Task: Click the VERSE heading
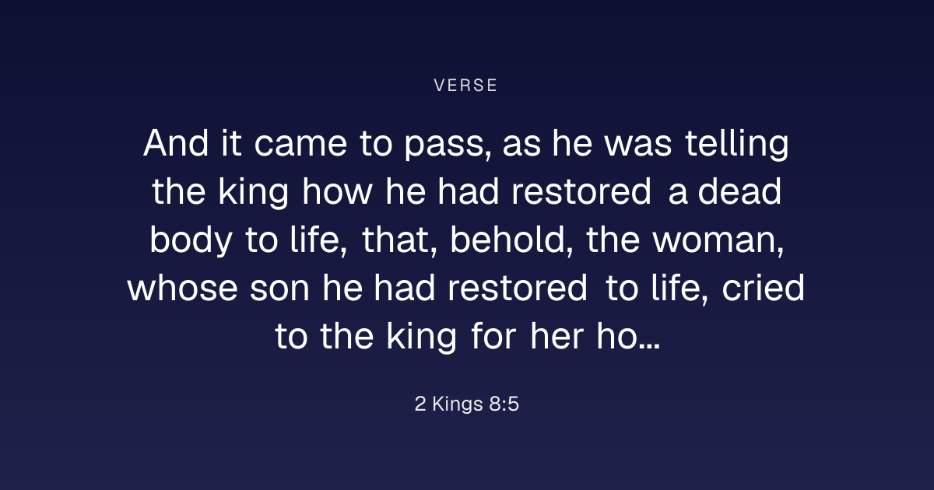coord(465,86)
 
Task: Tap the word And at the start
coord(176,143)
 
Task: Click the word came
coord(300,146)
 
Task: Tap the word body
coord(191,240)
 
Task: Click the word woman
coord(718,242)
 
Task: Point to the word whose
coord(183,289)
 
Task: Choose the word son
coord(279,290)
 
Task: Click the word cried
coord(763,289)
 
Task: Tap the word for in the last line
coord(493,337)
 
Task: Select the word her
coord(557,337)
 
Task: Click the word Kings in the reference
coord(458,404)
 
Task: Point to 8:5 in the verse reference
coord(504,404)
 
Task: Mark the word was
coord(638,146)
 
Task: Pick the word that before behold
coord(399,240)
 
